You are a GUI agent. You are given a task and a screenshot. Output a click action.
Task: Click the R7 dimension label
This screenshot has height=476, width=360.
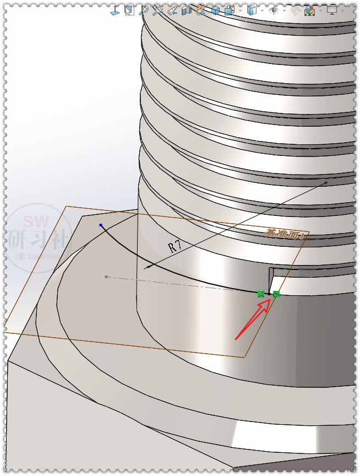coord(175,246)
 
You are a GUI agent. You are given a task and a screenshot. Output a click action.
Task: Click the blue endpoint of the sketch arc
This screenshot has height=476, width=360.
coord(101,225)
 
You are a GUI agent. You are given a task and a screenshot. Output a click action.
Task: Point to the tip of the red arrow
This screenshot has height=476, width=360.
coord(270,301)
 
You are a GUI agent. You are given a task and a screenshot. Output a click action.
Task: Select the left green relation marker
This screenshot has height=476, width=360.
coord(261,294)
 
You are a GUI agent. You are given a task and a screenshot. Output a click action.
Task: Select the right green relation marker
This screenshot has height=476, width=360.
coord(276,294)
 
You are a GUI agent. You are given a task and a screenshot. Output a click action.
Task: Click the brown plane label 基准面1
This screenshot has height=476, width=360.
coord(285,234)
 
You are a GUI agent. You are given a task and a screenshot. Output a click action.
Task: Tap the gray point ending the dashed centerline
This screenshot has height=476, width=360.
coord(106,277)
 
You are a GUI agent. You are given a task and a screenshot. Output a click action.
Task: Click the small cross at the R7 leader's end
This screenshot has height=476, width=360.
coord(326,182)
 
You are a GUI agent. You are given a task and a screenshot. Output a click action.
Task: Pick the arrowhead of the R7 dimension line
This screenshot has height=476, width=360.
coord(146,268)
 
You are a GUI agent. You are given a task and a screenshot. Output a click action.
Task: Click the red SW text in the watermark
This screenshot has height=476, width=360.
coord(36,221)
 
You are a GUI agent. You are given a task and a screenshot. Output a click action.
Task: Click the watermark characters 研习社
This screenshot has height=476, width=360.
coord(37,239)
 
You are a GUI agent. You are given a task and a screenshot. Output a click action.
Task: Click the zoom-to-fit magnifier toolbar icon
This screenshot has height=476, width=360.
coord(144,10)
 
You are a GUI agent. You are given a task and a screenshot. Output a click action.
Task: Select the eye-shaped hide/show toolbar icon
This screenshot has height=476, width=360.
coord(274,10)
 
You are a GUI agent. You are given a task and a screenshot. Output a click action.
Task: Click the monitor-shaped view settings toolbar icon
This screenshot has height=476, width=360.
coord(332,10)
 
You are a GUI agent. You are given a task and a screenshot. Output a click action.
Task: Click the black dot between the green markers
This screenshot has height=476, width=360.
coord(269,294)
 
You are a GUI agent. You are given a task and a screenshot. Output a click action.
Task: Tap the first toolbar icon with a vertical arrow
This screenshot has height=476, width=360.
coord(115,10)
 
